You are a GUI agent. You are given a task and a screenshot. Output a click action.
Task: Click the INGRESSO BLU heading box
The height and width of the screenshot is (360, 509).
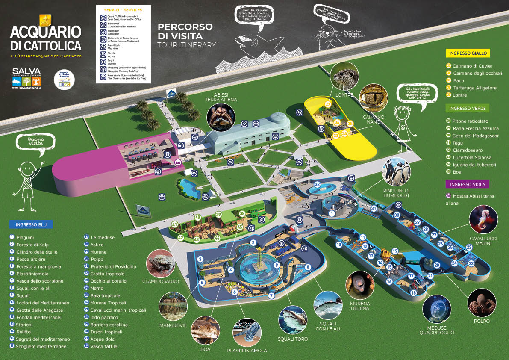click(31, 224)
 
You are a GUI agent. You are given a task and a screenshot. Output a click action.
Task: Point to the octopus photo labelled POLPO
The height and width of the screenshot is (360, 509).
click(482, 303)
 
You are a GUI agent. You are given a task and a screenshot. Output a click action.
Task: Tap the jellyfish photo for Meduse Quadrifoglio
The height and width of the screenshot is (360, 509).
click(437, 309)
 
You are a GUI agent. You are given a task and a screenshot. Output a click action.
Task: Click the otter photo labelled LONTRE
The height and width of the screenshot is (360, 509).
click(344, 76)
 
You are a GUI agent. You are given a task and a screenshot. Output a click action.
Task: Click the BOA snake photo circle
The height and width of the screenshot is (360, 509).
click(205, 330)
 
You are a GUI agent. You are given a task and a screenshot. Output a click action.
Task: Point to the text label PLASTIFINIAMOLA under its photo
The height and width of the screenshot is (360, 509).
click(247, 351)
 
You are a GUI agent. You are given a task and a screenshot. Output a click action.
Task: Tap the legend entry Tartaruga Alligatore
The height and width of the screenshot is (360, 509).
click(474, 88)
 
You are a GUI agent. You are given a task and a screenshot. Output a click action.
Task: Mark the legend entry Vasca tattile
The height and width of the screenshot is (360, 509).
click(104, 346)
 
